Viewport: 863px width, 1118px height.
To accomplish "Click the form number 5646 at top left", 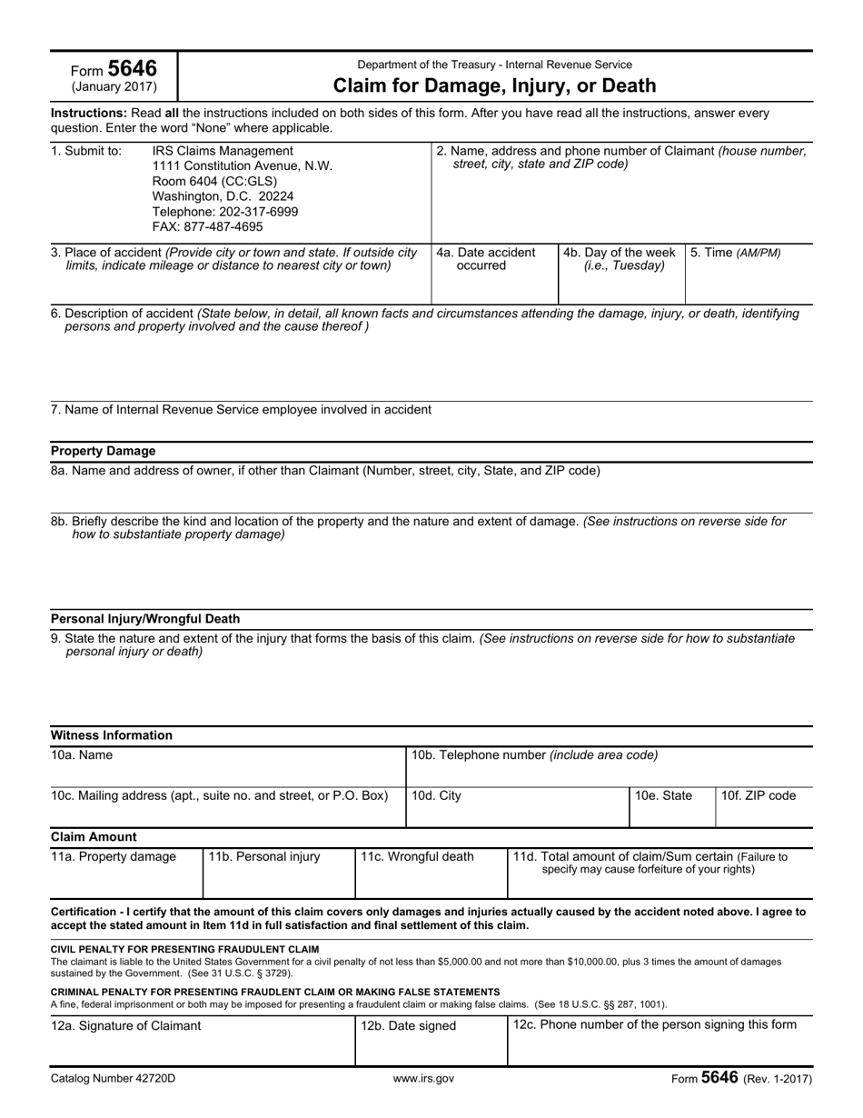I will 132,69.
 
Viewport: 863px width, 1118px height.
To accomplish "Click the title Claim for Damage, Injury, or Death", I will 494,86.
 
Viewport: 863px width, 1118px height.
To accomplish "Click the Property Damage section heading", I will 103,451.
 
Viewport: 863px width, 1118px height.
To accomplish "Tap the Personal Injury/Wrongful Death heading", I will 145,619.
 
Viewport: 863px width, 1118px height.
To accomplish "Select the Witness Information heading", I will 111,735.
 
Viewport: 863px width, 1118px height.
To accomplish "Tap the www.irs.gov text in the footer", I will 423,1079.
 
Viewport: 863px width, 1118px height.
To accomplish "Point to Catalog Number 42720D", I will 113,1079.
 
